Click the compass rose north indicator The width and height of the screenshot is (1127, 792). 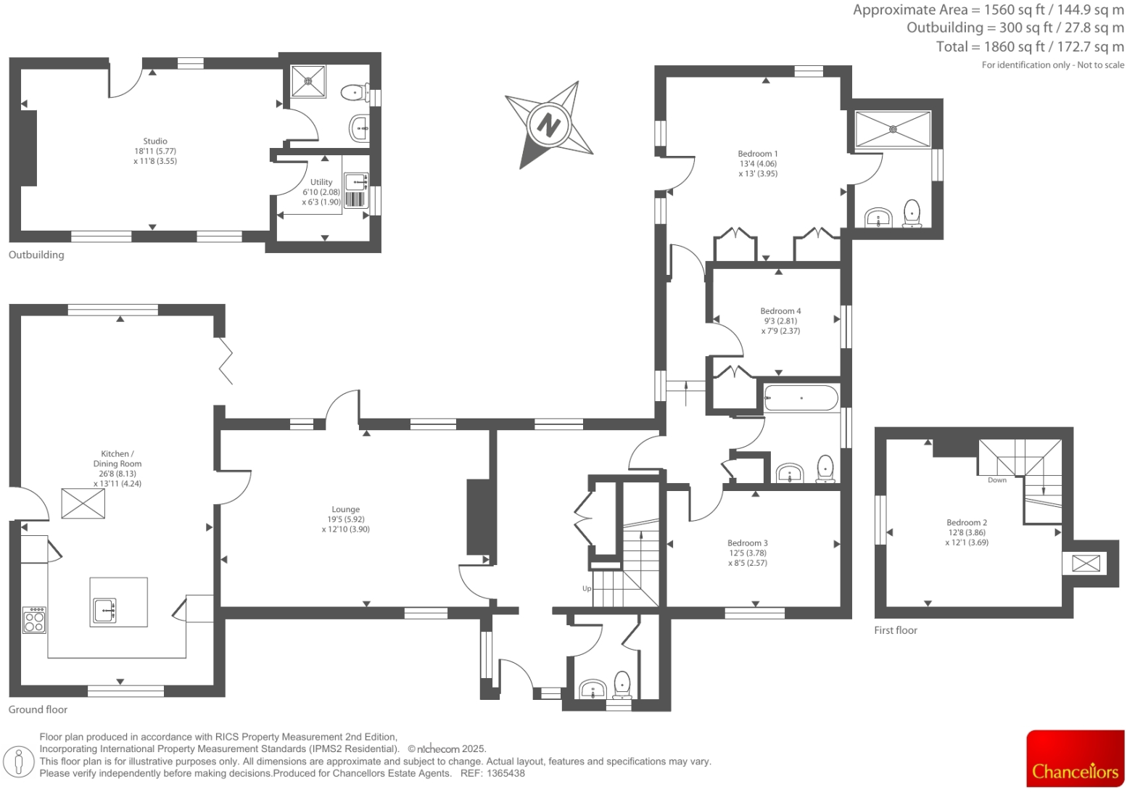548,124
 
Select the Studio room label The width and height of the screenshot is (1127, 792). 155,141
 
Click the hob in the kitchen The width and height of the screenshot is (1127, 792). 34,619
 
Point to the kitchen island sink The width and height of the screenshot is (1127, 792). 104,611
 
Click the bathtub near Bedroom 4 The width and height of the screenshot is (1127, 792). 801,398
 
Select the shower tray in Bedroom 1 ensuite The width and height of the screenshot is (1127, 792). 893,129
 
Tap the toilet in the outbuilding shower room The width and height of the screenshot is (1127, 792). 352,93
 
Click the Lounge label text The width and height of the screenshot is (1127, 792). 345,510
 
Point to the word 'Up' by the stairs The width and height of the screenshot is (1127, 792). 587,588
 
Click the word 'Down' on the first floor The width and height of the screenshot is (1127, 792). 996,480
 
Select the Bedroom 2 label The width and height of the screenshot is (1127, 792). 966,522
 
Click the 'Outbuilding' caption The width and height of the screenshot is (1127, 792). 36,255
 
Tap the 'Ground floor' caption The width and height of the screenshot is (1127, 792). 38,709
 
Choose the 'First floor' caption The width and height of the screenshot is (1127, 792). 895,630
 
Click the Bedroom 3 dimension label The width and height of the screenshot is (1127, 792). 747,558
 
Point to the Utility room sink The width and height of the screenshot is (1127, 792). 355,181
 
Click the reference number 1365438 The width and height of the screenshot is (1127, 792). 505,773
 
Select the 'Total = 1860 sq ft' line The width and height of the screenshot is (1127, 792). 1030,46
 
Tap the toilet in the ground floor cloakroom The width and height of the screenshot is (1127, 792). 622,683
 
